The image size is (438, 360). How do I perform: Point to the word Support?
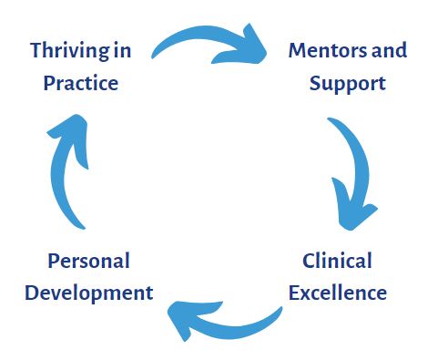(x=347, y=83)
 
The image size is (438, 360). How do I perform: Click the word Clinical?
(x=338, y=262)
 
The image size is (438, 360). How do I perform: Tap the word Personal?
(x=88, y=262)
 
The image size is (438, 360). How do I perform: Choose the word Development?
(x=88, y=293)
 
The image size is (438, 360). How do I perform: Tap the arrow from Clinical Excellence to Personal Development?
(x=228, y=319)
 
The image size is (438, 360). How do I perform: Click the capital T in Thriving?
(x=36, y=49)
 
